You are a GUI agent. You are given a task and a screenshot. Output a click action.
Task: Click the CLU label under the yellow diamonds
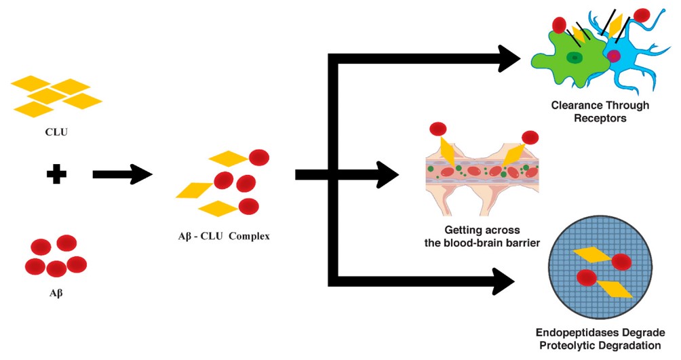click(x=57, y=132)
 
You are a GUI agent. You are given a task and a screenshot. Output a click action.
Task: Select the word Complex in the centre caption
click(x=250, y=237)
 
